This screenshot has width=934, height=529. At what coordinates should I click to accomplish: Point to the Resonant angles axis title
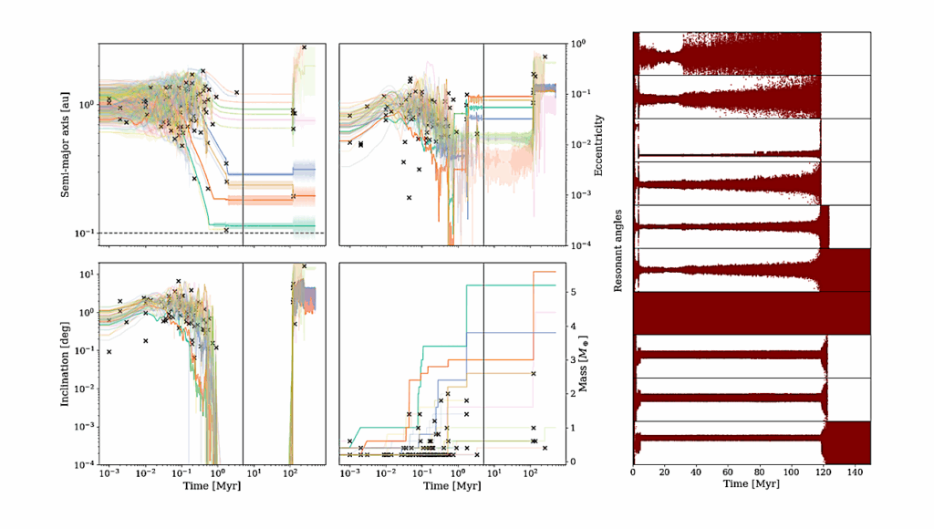pyautogui.click(x=617, y=247)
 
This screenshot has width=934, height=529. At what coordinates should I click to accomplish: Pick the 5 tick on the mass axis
pyautogui.click(x=567, y=292)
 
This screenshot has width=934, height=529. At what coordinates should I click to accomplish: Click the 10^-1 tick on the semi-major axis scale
pyautogui.click(x=82, y=234)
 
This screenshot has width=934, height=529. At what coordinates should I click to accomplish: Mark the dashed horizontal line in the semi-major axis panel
pyautogui.click(x=164, y=233)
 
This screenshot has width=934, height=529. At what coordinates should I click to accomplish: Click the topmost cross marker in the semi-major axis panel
pyautogui.click(x=305, y=47)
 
